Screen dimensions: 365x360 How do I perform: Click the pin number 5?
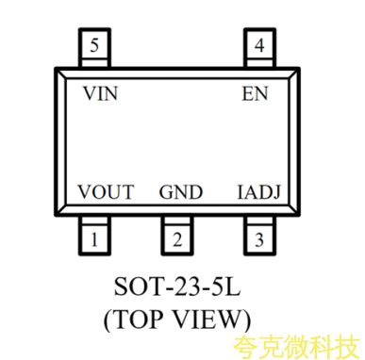94,45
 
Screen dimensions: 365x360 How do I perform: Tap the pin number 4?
259,45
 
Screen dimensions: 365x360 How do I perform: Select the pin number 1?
94,239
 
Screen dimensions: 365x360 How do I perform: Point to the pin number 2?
177,239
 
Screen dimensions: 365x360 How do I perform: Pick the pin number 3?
259,240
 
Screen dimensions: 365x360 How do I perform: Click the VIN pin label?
100,93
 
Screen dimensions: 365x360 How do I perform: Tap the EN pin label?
255,93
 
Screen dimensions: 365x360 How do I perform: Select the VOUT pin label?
106,192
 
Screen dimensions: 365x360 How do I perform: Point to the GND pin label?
181,192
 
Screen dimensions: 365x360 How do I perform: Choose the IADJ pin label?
258,192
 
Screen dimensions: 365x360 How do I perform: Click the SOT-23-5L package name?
177,286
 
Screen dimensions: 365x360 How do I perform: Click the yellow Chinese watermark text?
297,347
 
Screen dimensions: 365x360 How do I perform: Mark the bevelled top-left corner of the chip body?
60,73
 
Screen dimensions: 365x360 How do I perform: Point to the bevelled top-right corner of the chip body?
294,73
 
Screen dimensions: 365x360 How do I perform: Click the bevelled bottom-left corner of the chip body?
60,210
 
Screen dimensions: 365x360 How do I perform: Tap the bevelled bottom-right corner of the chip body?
294,210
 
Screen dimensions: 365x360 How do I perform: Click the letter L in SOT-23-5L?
233,286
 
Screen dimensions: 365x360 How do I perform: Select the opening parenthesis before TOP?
108,320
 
